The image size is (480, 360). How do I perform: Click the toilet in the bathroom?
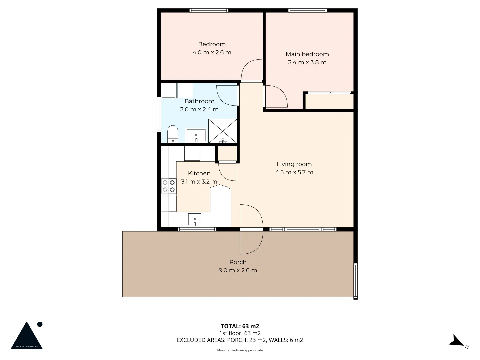[x=172, y=134]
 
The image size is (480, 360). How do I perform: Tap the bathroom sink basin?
[x=196, y=135]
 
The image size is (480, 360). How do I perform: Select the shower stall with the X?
[x=223, y=131]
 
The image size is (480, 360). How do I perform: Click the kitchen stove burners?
[x=169, y=186]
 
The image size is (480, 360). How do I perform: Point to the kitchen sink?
[x=195, y=220]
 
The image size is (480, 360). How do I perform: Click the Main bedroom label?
[x=307, y=54]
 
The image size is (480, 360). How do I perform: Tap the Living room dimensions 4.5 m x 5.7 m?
[x=294, y=172]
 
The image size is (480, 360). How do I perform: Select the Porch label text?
[x=238, y=262]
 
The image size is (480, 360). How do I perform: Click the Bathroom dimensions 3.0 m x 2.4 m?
[x=199, y=109]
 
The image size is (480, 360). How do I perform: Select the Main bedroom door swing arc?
[x=276, y=97]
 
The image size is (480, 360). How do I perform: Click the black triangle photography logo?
[x=27, y=336]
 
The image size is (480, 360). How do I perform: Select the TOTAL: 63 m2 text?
[x=240, y=326]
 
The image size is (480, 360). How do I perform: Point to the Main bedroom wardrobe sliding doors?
[x=329, y=93]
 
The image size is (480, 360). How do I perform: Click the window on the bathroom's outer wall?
[x=159, y=114]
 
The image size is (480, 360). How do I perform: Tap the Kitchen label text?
[x=199, y=173]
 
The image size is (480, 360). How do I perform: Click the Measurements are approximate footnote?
[x=240, y=350]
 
